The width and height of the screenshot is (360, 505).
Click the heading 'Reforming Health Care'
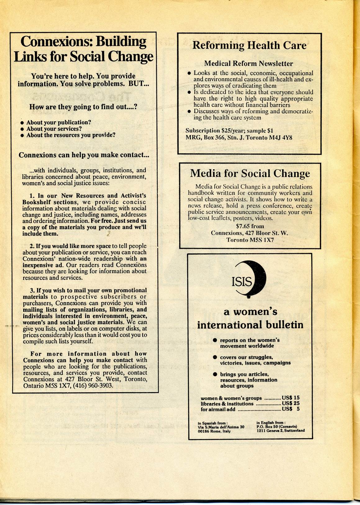(249, 45)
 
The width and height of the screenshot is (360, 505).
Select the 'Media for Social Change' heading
(250, 173)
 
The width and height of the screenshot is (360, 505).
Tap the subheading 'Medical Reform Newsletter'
(248, 64)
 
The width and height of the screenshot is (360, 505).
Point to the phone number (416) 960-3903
(94, 386)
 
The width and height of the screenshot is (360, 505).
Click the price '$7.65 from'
(250, 226)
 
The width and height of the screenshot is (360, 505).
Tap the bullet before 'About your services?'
(22, 129)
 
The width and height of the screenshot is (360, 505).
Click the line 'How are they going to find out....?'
(83, 107)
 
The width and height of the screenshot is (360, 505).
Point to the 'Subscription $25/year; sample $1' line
(229, 131)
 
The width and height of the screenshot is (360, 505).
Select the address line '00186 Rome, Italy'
(214, 431)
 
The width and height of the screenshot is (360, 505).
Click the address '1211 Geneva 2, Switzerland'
(280, 431)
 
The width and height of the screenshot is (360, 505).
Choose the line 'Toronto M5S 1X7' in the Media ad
(250, 240)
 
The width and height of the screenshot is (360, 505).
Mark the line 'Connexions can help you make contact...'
(84, 155)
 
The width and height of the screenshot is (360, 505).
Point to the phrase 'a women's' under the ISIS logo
(250, 312)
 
